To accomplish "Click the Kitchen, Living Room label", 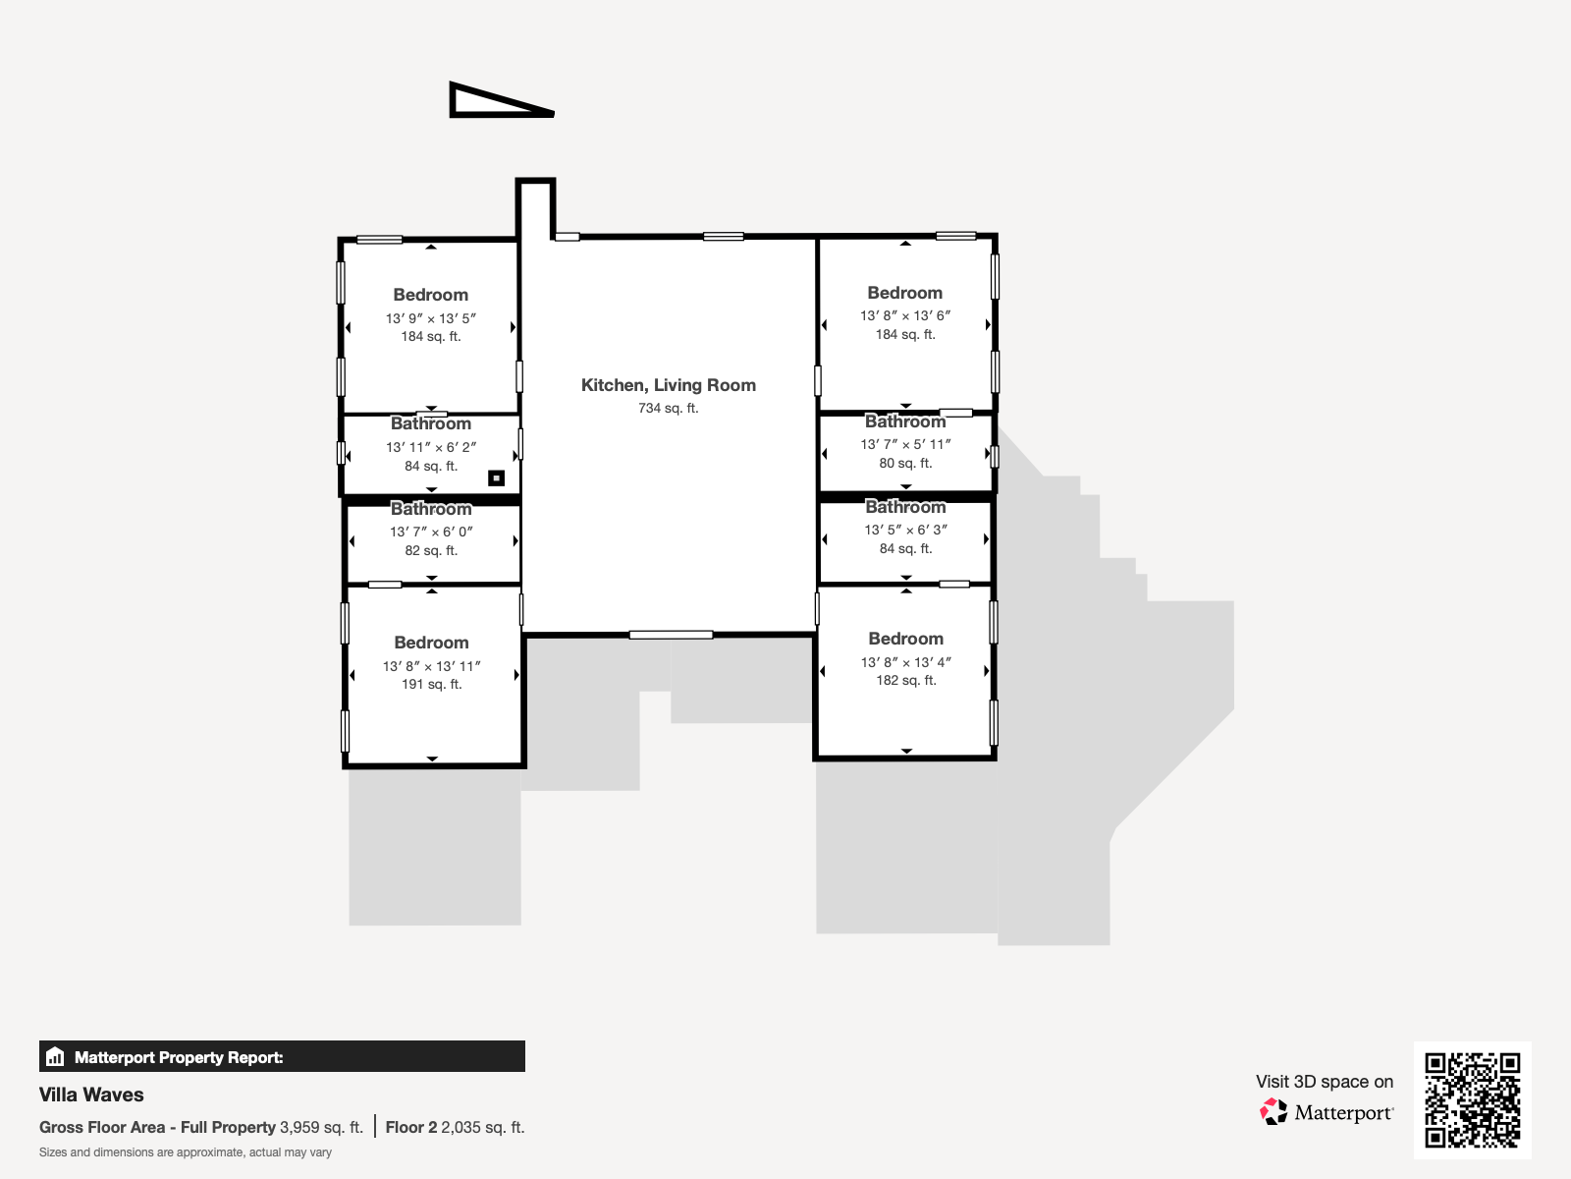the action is [669, 385].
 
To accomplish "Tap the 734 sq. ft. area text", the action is [669, 408].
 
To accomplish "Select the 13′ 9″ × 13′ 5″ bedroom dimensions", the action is [431, 318].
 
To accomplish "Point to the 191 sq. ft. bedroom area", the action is [432, 685].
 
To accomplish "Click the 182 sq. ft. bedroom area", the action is [906, 680].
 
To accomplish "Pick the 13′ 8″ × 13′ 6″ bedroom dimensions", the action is [905, 315].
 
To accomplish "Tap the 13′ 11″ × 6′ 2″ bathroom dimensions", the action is [431, 447].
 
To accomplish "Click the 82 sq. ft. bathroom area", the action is [431, 550].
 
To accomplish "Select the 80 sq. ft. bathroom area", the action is [905, 463].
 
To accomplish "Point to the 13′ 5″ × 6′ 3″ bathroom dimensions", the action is [905, 530].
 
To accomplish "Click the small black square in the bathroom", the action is [496, 478].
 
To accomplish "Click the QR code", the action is [1472, 1100].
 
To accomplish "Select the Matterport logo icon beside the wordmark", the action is [1273, 1112].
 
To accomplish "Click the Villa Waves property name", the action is [91, 1095].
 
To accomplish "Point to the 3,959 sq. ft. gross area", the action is [321, 1128].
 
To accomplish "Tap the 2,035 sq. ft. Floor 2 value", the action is [482, 1128].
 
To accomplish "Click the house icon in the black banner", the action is [55, 1056].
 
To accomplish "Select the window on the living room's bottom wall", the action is [671, 635].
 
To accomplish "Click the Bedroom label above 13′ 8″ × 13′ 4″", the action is [905, 639].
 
